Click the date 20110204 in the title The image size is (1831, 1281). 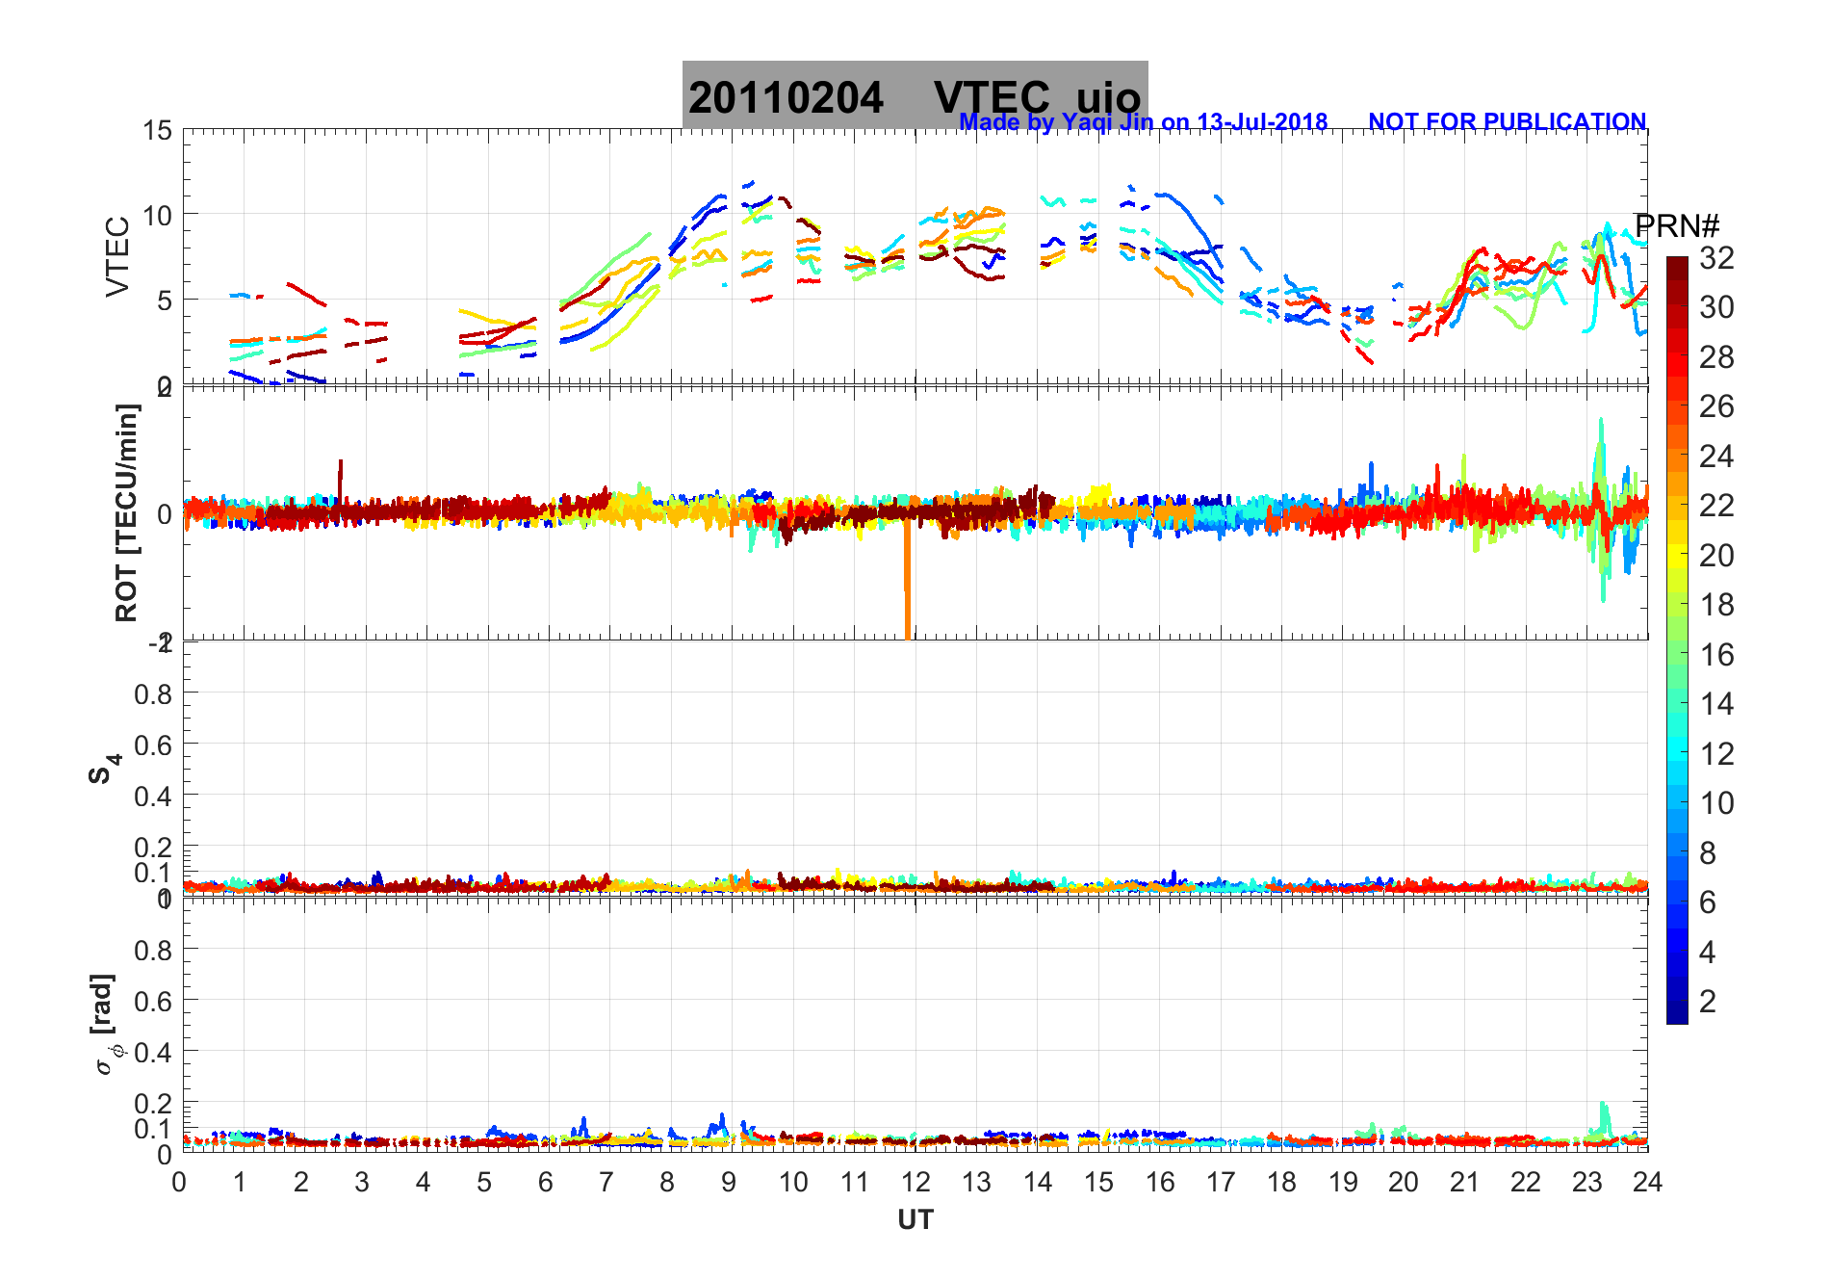pyautogui.click(x=786, y=98)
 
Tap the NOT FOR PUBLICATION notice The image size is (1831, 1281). pyautogui.click(x=1507, y=122)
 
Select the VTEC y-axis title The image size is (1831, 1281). pyautogui.click(x=117, y=256)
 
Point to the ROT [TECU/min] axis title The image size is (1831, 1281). pyautogui.click(x=126, y=512)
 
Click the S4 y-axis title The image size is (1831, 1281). pyautogui.click(x=104, y=769)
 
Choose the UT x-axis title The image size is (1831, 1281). pyautogui.click(x=915, y=1220)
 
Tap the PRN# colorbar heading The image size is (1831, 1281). pyautogui.click(x=1677, y=226)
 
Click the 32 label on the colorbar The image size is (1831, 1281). pyautogui.click(x=1716, y=257)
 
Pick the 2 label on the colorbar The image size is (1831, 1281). pyautogui.click(x=1708, y=1002)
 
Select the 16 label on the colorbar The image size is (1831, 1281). pyautogui.click(x=1716, y=655)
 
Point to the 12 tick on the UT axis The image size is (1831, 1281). pyautogui.click(x=915, y=1182)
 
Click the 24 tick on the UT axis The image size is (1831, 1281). pyautogui.click(x=1647, y=1182)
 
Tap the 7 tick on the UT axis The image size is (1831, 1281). pyautogui.click(x=606, y=1182)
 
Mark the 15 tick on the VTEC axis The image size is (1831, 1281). pyautogui.click(x=158, y=131)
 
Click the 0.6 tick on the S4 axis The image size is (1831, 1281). pyautogui.click(x=153, y=745)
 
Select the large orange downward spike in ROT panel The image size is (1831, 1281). pyautogui.click(x=907, y=588)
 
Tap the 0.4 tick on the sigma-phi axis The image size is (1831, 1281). pyautogui.click(x=153, y=1052)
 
